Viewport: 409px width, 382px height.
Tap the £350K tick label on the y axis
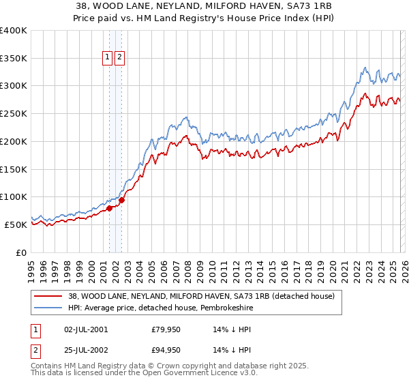pyautogui.click(x=14, y=59)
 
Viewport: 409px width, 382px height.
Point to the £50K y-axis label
pyautogui.click(x=16, y=224)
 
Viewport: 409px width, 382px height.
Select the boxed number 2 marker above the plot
pyautogui.click(x=120, y=58)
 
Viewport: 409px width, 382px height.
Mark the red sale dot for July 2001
pyautogui.click(x=110, y=209)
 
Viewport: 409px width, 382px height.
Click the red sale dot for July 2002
pyautogui.click(x=122, y=201)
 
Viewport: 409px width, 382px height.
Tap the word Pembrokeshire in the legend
pyautogui.click(x=216, y=308)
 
